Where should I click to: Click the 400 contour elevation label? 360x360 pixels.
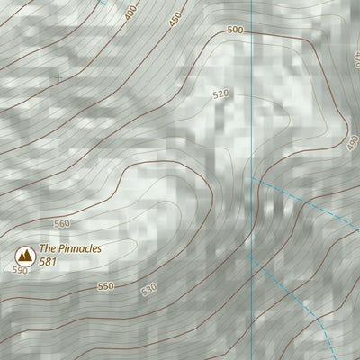pyautogui.click(x=131, y=13)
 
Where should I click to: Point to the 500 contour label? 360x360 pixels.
pyautogui.click(x=236, y=30)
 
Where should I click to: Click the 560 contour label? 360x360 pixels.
pyautogui.click(x=61, y=223)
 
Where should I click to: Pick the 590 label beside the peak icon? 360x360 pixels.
pyautogui.click(x=20, y=270)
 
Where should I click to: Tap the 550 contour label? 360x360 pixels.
pyautogui.click(x=105, y=287)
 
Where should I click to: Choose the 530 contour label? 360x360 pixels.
pyautogui.click(x=148, y=289)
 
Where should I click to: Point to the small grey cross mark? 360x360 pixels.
pyautogui.click(x=59, y=77)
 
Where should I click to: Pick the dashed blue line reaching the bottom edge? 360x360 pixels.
pyautogui.click(x=297, y=297)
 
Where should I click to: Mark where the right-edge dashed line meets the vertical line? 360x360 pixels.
pyautogui.click(x=252, y=177)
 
